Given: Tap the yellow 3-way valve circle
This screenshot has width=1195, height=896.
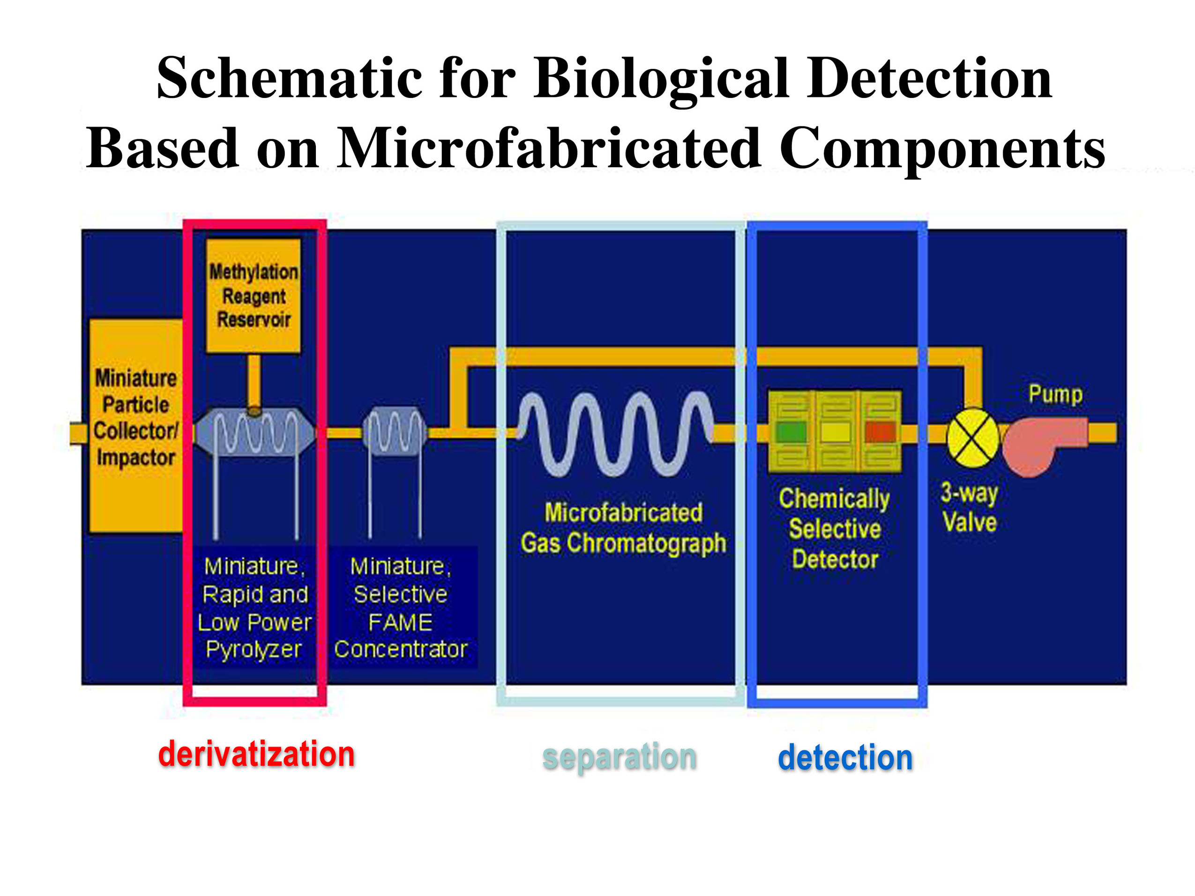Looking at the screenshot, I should (x=972, y=437).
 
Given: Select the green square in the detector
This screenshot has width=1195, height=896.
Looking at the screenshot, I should (x=792, y=432).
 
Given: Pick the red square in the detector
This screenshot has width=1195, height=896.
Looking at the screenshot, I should (x=880, y=432).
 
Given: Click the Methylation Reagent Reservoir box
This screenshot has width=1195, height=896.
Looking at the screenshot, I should (x=254, y=296).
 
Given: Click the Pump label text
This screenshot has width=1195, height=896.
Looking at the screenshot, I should (x=1055, y=394).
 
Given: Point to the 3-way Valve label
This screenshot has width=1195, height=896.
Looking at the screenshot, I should (x=969, y=508).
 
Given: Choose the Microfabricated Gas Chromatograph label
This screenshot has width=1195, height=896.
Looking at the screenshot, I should (x=623, y=528).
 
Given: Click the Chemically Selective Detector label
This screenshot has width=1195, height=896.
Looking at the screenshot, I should (x=835, y=528).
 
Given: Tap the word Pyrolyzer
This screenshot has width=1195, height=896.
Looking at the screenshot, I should (x=254, y=649).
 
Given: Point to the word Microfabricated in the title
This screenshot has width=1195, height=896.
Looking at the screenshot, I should (x=548, y=148).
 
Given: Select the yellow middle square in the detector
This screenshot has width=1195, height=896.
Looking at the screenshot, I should (x=835, y=432).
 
